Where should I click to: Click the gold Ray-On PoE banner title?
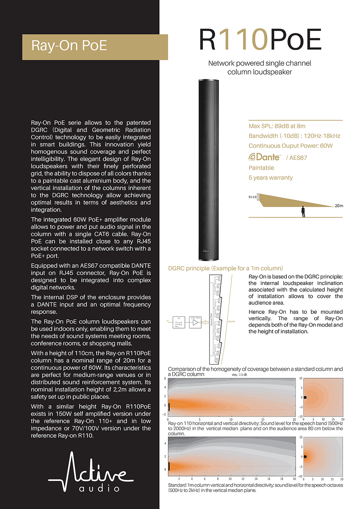tap(69, 46)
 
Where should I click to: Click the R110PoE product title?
tap(260, 40)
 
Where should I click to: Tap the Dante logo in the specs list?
tap(265, 157)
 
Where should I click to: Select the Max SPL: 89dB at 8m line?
tap(277, 126)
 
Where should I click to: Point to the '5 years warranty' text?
tap(271, 178)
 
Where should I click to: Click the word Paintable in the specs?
tap(261, 168)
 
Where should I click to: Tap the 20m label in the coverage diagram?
tap(339, 206)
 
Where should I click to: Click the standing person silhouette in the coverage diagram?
tap(303, 211)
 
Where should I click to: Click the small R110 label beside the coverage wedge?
tap(252, 197)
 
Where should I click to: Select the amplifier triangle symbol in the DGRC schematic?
tap(195, 323)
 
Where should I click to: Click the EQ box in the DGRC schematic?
tap(179, 323)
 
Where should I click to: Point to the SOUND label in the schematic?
tap(231, 321)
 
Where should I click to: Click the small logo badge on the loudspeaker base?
tap(206, 251)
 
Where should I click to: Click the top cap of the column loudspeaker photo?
tap(208, 81)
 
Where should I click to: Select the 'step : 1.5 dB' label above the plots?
tap(239, 375)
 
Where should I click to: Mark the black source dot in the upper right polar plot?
tap(305, 398)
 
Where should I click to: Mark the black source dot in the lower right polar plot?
tap(305, 457)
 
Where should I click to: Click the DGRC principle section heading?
tap(225, 268)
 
